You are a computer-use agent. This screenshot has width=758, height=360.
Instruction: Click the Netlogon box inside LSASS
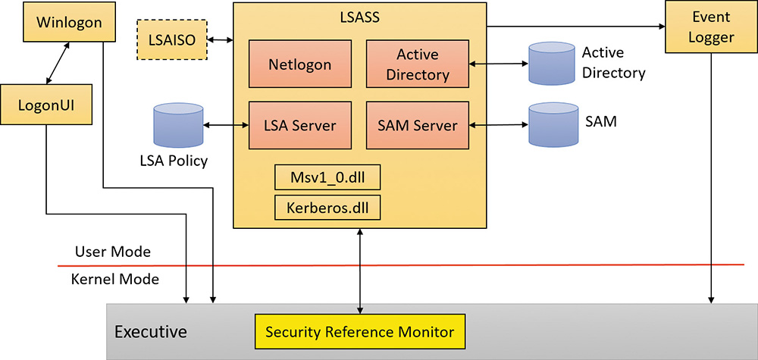coord(299,64)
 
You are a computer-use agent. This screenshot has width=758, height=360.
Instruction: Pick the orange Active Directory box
coord(417,64)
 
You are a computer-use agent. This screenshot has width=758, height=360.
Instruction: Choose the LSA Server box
coord(299,125)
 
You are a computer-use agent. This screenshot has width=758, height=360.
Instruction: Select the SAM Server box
coord(417,125)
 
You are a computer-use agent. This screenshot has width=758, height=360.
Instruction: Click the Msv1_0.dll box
coord(327,178)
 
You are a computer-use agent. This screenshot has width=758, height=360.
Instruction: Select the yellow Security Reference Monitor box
coord(359,332)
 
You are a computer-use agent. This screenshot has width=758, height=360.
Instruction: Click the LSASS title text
coord(359,16)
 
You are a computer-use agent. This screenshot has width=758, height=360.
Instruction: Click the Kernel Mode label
coord(114,279)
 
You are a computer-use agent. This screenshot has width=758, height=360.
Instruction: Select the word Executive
coord(150,332)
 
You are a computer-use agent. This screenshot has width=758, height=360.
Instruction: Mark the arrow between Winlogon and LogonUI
coord(62,62)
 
